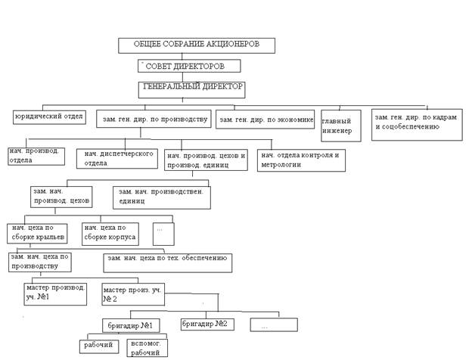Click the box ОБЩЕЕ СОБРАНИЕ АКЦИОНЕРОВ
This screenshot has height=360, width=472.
(x=196, y=45)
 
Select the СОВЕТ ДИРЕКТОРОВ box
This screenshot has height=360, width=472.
(x=189, y=67)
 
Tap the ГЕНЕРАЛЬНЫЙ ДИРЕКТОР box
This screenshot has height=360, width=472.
(x=192, y=88)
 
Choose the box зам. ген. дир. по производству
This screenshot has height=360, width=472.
(x=154, y=119)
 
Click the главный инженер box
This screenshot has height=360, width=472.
(x=340, y=126)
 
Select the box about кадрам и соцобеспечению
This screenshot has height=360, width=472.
(x=417, y=124)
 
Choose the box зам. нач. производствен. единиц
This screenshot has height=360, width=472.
(x=161, y=197)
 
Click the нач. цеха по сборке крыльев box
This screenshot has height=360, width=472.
(x=38, y=233)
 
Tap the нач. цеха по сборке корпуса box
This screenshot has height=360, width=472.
(x=110, y=233)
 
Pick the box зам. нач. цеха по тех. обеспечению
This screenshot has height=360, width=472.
(x=167, y=262)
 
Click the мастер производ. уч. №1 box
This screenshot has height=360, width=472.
(x=56, y=293)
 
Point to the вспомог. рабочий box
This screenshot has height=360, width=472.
(x=147, y=346)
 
